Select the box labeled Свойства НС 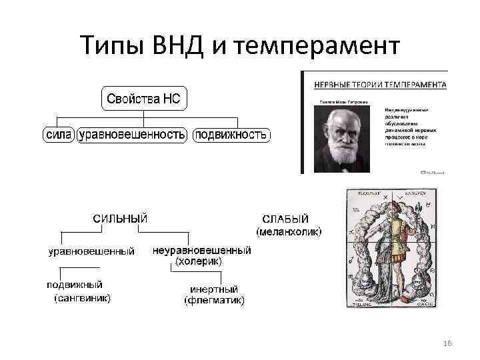pos(144,99)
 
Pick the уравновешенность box pos(132,135)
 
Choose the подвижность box pos(231,135)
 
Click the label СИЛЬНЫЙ pos(120,219)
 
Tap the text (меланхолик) pos(289,231)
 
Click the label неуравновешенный pos(202,251)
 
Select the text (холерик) pos(198,262)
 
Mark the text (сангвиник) pos(82,297)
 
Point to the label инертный pos(214,289)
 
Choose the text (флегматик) pos(214,301)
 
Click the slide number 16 pos(447,343)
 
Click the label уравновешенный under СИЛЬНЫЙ pos(91,251)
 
